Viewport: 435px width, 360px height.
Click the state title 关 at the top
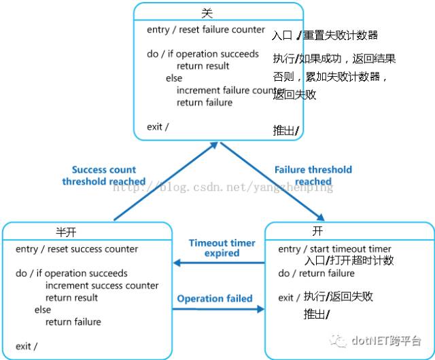pyautogui.click(x=208, y=12)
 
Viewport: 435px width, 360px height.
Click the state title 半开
pyautogui.click(x=66, y=232)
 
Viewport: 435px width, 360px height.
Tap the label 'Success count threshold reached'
pyautogui.click(x=104, y=175)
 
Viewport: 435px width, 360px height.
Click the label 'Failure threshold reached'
pyautogui.click(x=313, y=175)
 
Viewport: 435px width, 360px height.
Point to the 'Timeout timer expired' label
pyautogui.click(x=222, y=248)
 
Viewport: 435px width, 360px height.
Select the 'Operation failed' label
pyautogui.click(x=215, y=298)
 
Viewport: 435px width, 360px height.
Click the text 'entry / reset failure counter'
pyautogui.click(x=205, y=30)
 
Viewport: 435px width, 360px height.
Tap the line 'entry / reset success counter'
pyautogui.click(x=77, y=249)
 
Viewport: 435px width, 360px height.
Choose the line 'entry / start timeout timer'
pyautogui.click(x=334, y=249)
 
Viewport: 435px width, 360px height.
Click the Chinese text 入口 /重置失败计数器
pyautogui.click(x=324, y=35)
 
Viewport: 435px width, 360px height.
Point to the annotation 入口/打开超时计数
pyautogui.click(x=349, y=260)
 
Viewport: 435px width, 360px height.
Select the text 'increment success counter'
pyautogui.click(x=102, y=286)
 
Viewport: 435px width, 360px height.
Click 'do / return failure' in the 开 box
pyautogui.click(x=316, y=273)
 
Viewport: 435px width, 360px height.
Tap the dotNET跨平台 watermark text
pyautogui.click(x=386, y=340)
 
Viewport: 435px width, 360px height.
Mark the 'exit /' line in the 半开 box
pyautogui.click(x=27, y=346)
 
